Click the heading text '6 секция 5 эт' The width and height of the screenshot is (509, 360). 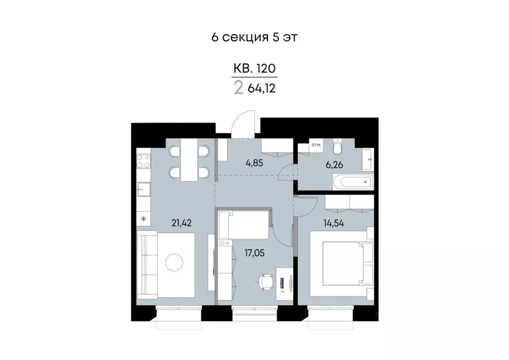click(x=254, y=38)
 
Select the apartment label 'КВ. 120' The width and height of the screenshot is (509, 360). click(x=254, y=68)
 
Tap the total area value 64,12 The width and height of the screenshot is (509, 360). click(x=261, y=89)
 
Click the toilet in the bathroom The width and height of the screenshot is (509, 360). click(x=338, y=147)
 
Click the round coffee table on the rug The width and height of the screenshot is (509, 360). click(x=175, y=262)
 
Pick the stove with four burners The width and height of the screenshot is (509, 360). click(x=144, y=161)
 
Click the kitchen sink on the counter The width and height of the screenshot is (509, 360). click(x=144, y=189)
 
